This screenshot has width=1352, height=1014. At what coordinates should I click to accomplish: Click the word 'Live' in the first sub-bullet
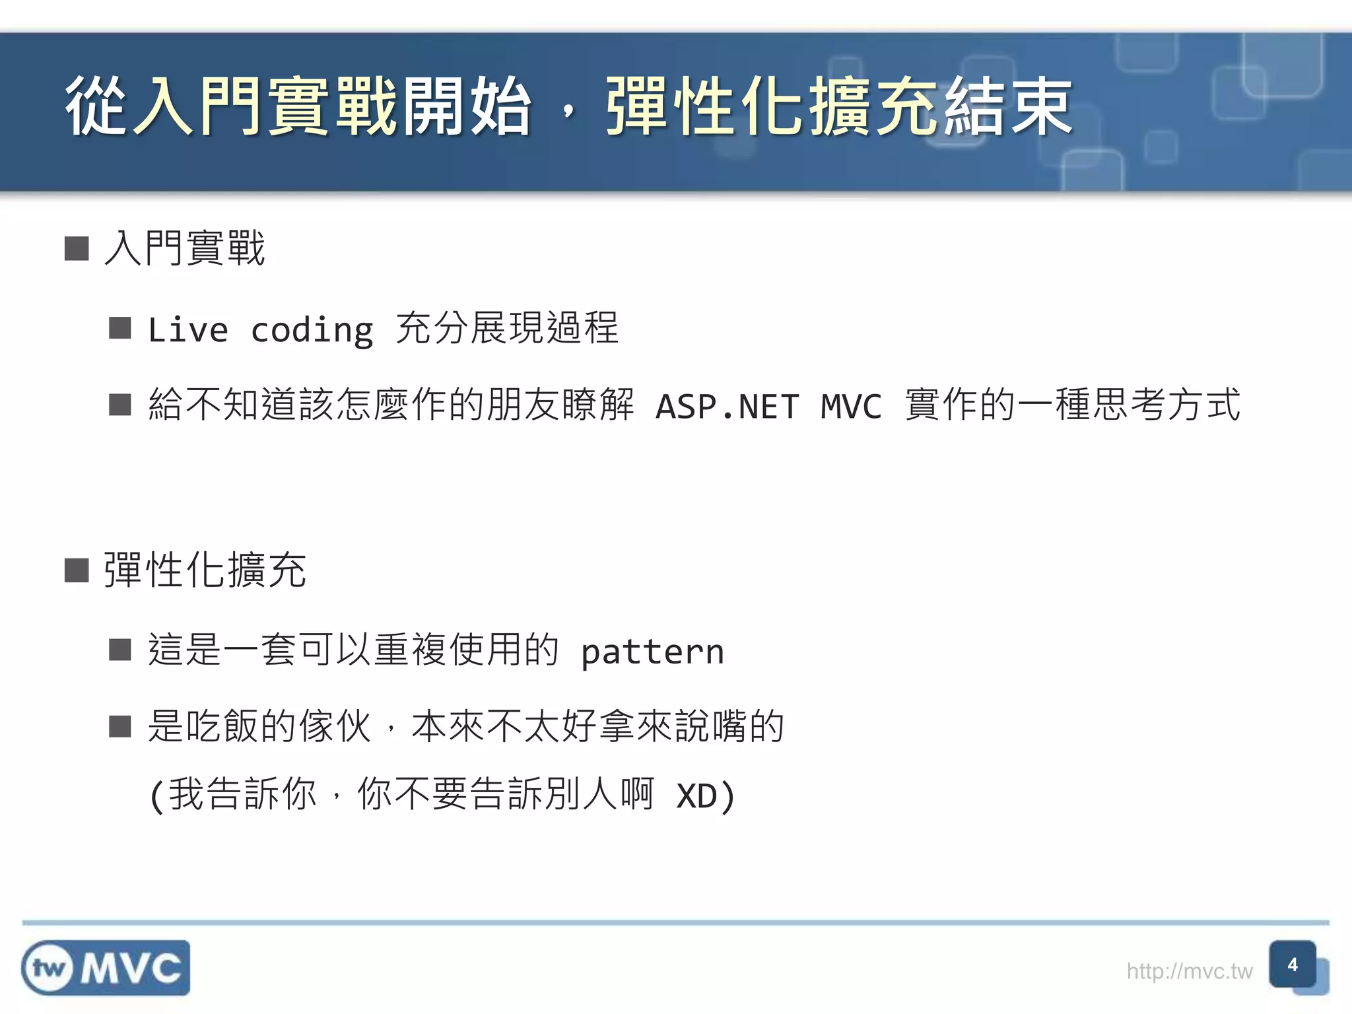click(x=188, y=329)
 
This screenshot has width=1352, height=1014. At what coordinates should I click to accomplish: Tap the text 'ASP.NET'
click(x=727, y=406)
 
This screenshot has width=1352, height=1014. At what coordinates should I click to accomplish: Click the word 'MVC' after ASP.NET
click(x=851, y=406)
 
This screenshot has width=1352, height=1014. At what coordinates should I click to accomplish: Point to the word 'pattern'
click(x=652, y=652)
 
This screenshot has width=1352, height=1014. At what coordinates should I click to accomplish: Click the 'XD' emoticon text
click(x=696, y=795)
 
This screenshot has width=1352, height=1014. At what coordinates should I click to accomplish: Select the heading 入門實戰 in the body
click(x=185, y=248)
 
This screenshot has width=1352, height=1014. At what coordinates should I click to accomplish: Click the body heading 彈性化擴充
click(x=205, y=570)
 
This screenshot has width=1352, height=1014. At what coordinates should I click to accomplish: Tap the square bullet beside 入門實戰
click(x=77, y=249)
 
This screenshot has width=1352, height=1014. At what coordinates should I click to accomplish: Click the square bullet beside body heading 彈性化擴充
click(x=77, y=570)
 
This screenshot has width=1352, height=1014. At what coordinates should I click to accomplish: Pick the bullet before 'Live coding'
click(x=120, y=328)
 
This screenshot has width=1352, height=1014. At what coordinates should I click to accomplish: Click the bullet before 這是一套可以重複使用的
click(x=120, y=650)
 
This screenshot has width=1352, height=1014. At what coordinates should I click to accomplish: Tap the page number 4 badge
click(x=1293, y=964)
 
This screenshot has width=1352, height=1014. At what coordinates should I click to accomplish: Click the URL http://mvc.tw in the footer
click(x=1189, y=971)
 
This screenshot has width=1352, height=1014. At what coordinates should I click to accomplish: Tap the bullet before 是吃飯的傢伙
click(x=120, y=726)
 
